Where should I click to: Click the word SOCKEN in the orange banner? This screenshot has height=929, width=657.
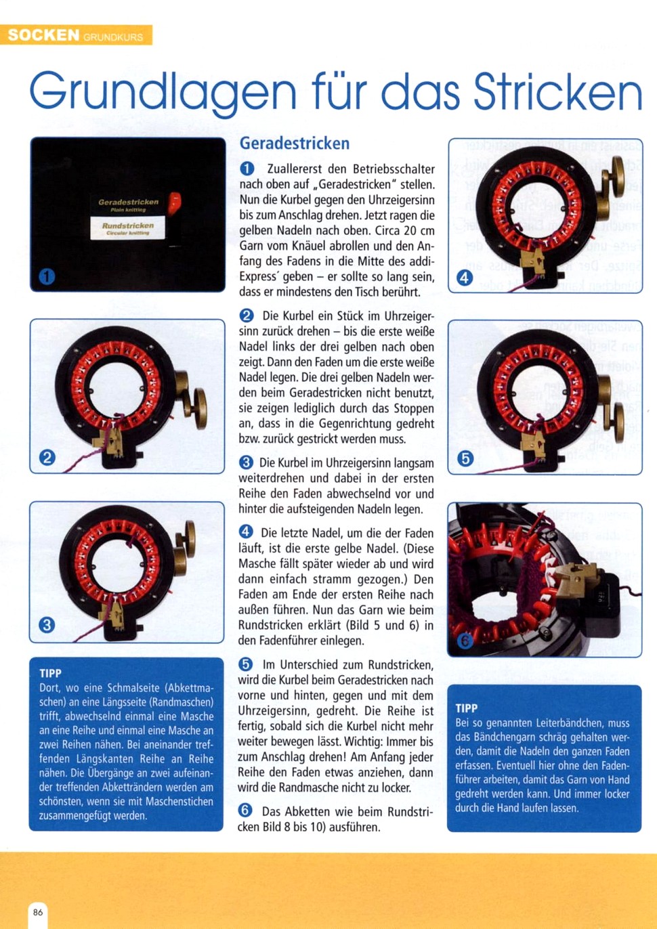[43, 35]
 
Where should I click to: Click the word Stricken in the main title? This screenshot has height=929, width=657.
[558, 91]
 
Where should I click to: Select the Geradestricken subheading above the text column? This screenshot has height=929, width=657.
[295, 144]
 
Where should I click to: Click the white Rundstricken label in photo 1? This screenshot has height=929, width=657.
[128, 228]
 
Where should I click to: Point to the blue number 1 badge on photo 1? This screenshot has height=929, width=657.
[47, 277]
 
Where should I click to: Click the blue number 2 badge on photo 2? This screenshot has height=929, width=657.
[47, 458]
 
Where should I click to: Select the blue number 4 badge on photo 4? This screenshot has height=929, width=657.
[464, 278]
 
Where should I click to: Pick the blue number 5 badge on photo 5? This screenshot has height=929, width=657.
[465, 458]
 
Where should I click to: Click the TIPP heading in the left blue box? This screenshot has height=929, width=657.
[50, 673]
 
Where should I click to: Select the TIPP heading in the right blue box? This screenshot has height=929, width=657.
[466, 708]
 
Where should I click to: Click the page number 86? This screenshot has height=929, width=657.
[38, 912]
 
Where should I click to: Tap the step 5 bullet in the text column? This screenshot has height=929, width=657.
[246, 664]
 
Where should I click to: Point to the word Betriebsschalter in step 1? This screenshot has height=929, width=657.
[394, 169]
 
